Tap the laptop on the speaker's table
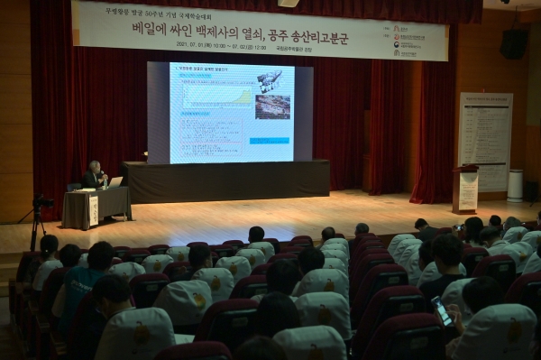(x=115, y=182)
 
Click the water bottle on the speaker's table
(x=105, y=183)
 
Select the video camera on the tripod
(x=41, y=202)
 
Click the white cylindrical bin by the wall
(x=515, y=185)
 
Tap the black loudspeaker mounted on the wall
(x=514, y=43)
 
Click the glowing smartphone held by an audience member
(x=441, y=310)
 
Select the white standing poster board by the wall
(x=485, y=141)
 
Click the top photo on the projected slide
(x=270, y=82)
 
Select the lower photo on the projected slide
(x=271, y=107)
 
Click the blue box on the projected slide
(x=269, y=141)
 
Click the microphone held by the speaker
(x=101, y=174)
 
